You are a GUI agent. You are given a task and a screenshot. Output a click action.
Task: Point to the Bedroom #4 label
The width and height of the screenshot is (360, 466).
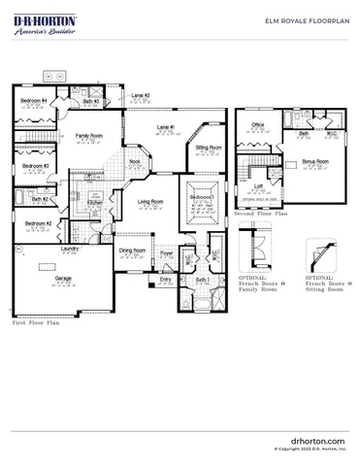37,101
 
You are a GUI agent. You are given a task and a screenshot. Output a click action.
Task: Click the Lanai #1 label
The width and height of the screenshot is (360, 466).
166,127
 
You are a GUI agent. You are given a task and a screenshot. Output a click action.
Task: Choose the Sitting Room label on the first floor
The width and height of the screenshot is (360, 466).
209,148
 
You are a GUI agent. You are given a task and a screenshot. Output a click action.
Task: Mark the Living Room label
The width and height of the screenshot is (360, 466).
149,202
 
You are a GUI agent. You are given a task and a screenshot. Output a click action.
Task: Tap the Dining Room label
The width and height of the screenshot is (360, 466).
132,250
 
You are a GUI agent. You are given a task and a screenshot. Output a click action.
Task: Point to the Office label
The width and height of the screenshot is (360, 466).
258,125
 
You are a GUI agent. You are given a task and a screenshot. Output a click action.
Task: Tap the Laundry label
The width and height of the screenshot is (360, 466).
69,249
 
